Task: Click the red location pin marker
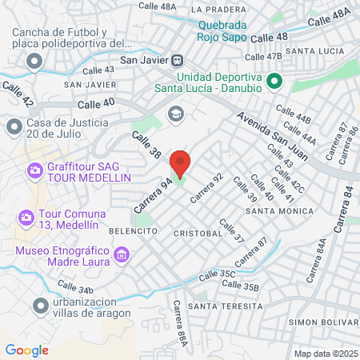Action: tap(180, 163)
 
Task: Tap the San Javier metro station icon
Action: tap(178, 60)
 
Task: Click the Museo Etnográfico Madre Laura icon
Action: tap(122, 255)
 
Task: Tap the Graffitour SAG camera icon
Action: tap(35, 170)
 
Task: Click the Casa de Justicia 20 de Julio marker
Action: tap(14, 126)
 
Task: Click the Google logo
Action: tap(26, 350)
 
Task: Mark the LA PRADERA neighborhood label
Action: tap(218, 10)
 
